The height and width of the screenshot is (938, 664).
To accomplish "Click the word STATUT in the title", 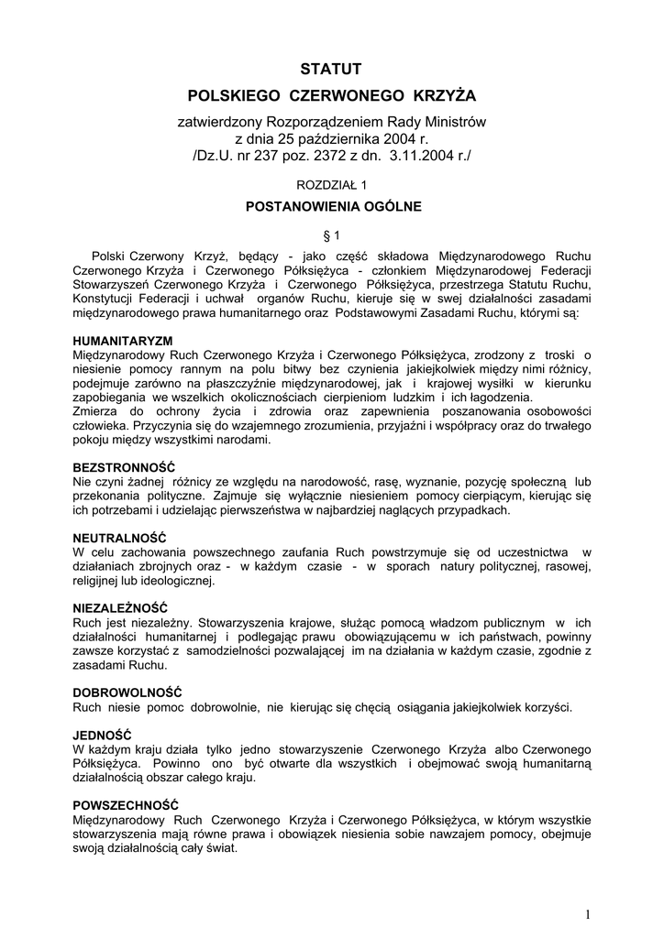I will (x=332, y=69).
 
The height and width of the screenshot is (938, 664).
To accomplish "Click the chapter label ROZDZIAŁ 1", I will (x=331, y=184).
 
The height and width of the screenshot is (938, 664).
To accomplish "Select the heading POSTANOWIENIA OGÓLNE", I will (x=333, y=207).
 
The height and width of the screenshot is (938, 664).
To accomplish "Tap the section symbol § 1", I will (x=333, y=234).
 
